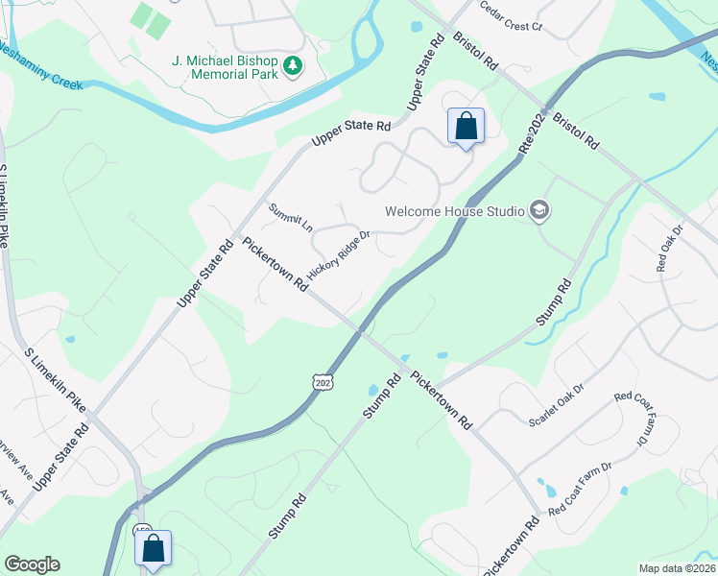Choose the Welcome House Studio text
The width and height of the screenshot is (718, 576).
click(x=454, y=211)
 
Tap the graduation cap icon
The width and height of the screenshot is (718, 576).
click(x=539, y=210)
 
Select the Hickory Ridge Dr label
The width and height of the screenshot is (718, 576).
click(x=338, y=253)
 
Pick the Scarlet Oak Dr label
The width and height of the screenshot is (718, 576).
click(x=557, y=408)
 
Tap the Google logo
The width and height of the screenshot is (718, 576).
click(x=32, y=564)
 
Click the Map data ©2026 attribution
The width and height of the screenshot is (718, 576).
click(x=676, y=567)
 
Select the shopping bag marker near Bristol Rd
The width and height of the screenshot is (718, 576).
click(x=466, y=127)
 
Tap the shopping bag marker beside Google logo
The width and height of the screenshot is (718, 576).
click(x=153, y=549)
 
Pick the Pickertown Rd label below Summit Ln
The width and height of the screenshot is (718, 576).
click(x=274, y=264)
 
